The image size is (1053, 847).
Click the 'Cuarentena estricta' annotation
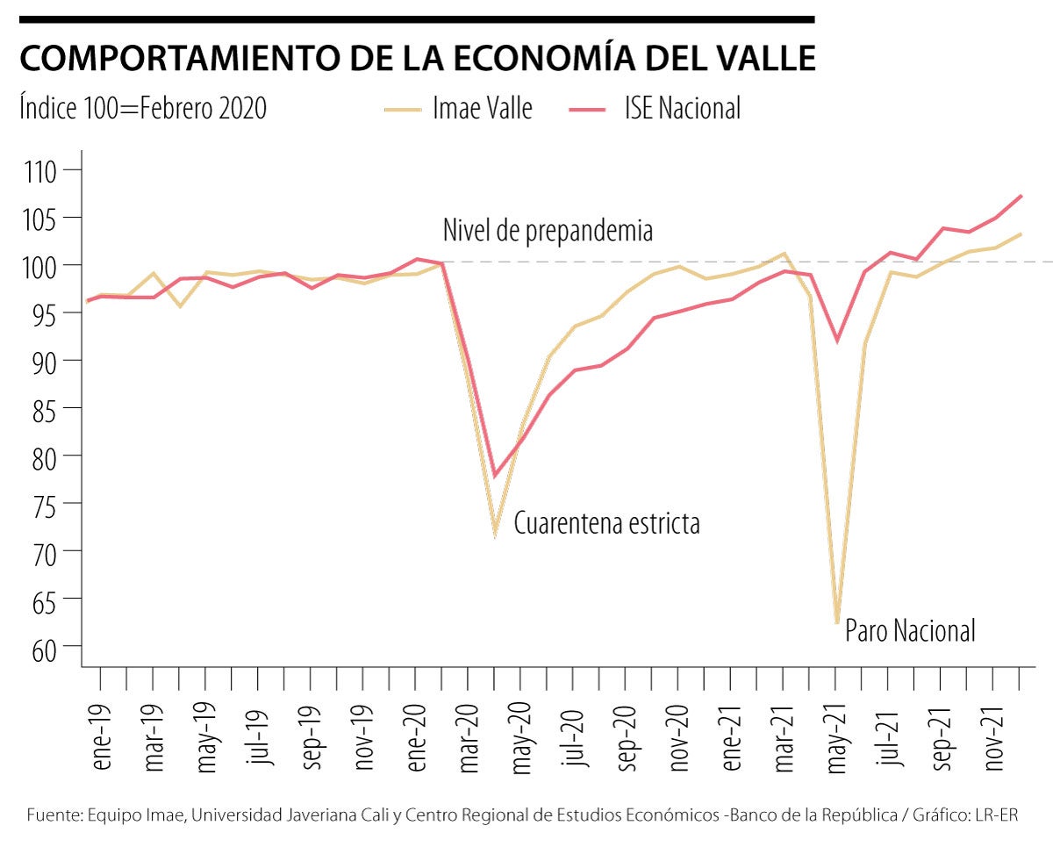click(606, 524)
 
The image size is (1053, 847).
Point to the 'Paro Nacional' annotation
click(910, 631)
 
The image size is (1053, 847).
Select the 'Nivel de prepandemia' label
click(548, 231)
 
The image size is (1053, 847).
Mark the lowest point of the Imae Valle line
click(837, 622)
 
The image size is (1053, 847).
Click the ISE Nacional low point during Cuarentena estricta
click(495, 476)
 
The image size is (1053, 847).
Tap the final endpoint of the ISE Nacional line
click(1021, 196)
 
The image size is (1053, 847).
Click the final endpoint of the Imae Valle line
click(1021, 233)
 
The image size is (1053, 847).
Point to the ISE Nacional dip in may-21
click(837, 341)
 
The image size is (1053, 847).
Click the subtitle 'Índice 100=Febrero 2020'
click(143, 109)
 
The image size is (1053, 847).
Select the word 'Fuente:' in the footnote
click(54, 815)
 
